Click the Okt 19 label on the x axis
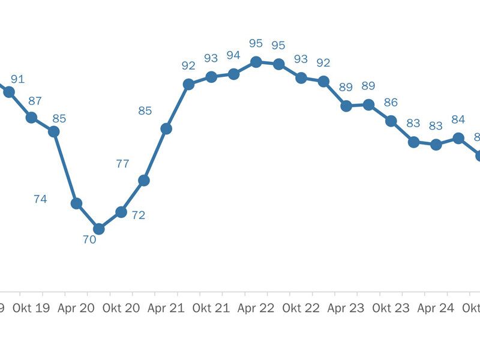tap(32, 308)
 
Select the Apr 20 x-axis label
tap(76, 308)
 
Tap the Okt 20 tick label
tap(121, 308)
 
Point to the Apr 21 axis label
tap(166, 308)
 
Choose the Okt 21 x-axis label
tap(211, 308)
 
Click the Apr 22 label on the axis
tap(256, 308)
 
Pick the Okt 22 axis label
tap(301, 308)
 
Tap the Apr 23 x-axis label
tap(346, 308)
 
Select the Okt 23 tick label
tap(391, 308)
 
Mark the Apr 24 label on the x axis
tap(436, 308)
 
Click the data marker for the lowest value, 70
tap(99, 229)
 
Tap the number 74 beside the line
tap(40, 199)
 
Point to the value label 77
tap(122, 163)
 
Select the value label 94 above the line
tap(233, 55)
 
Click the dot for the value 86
tap(391, 121)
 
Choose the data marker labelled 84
tap(458, 138)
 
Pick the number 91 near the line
tap(17, 79)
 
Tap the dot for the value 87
tap(32, 117)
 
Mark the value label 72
tap(139, 215)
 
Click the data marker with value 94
tap(233, 74)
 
